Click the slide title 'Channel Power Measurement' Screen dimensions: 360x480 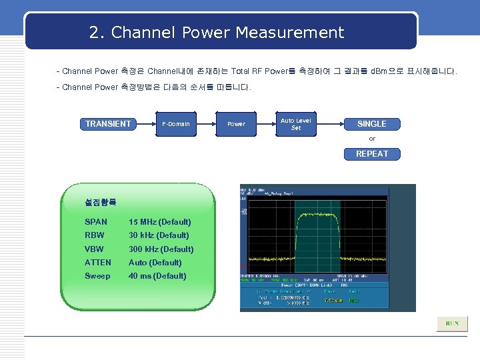[217, 33]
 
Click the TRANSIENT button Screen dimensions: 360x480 [108, 124]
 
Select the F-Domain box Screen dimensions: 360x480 [176, 124]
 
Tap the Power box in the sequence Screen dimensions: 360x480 [236, 124]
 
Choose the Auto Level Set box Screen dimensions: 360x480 [296, 124]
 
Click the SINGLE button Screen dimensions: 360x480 [371, 124]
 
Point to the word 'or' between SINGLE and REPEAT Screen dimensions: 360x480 [372, 139]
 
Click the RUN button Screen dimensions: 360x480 [452, 323]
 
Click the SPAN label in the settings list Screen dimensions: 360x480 [96, 222]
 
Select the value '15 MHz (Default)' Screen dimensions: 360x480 [160, 222]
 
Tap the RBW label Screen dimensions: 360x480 [95, 235]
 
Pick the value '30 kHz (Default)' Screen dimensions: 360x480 [159, 235]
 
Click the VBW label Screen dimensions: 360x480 [95, 249]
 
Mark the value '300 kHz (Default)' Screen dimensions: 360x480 [161, 249]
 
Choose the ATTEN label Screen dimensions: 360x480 [98, 263]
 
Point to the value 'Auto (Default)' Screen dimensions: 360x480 [155, 263]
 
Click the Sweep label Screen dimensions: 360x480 [98, 276]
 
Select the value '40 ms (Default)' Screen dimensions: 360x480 [157, 276]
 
